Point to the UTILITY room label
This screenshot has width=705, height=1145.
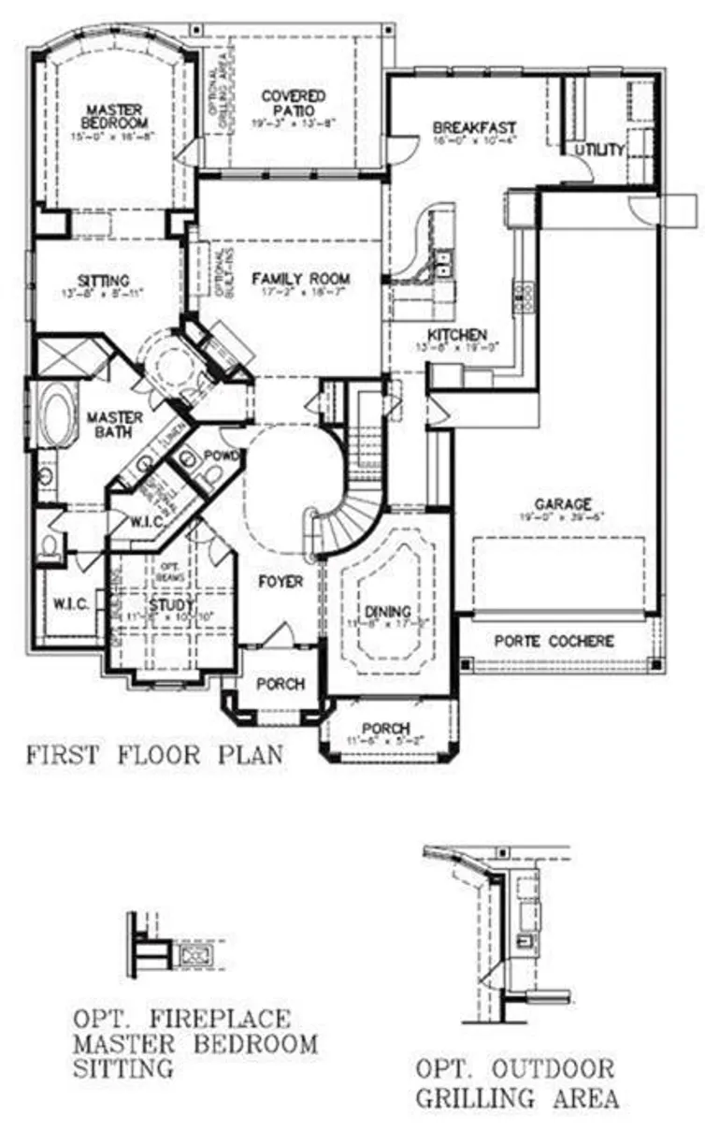[599, 150]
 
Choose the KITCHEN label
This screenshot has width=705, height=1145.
[457, 334]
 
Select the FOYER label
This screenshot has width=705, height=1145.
[281, 582]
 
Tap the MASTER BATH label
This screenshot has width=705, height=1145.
[115, 424]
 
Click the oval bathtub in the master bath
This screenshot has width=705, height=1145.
[59, 415]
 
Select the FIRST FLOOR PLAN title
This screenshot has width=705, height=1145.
[153, 754]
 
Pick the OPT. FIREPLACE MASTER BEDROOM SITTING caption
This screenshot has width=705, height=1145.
[194, 1042]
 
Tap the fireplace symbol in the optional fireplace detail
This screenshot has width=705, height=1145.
[196, 955]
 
